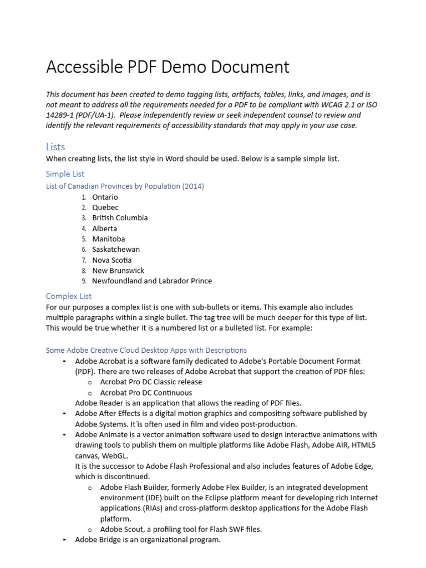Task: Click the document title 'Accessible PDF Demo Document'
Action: coord(168,67)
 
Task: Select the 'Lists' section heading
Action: coord(55,147)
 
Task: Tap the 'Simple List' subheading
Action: coord(65,174)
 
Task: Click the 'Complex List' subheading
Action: coord(69,296)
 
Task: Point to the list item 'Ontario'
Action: coord(105,197)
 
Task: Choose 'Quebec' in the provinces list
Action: coord(105,207)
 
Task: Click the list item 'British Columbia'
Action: coord(120,218)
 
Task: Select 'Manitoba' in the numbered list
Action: coord(109,239)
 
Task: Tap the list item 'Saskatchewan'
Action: coord(116,250)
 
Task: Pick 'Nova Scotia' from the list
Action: coord(112,260)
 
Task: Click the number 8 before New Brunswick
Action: coord(84,271)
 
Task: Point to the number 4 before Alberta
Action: coord(84,229)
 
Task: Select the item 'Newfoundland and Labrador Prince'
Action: coord(152,281)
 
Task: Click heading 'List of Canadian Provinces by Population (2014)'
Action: coord(125,186)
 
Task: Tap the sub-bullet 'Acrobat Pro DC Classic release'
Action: coord(151,382)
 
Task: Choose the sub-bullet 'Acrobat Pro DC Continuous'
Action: coord(146,393)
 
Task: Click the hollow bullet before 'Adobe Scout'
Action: coord(89,530)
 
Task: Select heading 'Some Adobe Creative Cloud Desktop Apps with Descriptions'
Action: coord(146,351)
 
